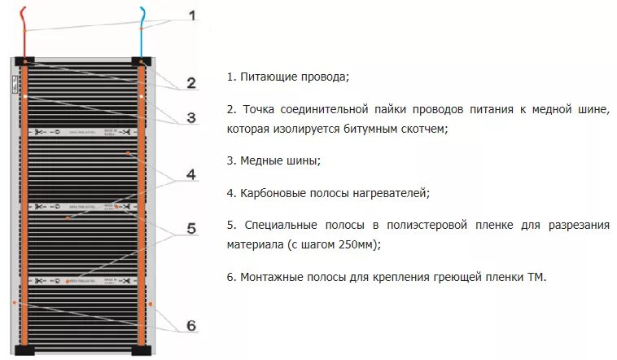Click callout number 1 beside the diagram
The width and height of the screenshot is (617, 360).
(192, 15)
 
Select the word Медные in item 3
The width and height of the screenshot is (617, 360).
(261, 160)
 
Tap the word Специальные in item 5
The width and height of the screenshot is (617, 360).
(276, 225)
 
